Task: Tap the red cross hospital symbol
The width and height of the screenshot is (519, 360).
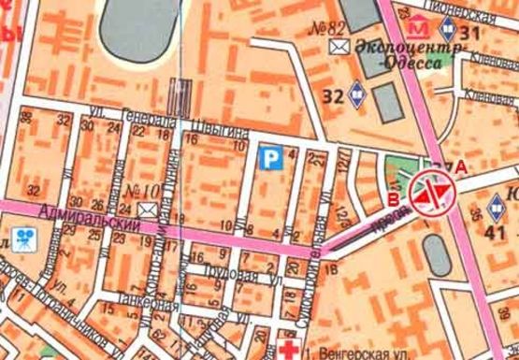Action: (x=288, y=347)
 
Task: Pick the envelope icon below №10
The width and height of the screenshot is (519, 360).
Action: (x=146, y=209)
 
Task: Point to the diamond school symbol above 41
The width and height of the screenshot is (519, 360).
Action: (x=496, y=205)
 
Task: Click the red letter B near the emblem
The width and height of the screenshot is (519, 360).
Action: (x=393, y=198)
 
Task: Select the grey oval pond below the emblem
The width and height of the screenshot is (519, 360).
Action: (x=435, y=252)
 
